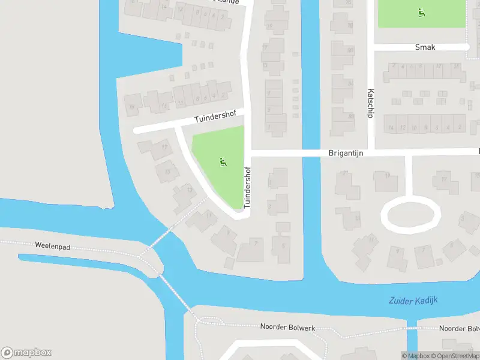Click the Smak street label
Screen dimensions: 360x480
tap(425, 47)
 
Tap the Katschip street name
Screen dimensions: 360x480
tap(371, 103)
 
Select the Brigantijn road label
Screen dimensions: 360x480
tap(346, 153)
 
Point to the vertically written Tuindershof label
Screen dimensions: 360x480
tap(247, 188)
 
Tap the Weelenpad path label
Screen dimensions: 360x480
tap(53, 246)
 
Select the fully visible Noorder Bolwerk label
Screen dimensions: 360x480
tap(287, 327)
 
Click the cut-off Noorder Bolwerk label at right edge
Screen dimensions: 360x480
tap(459, 328)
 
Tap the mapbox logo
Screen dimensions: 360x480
tap(26, 353)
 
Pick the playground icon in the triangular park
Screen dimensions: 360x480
tap(223, 161)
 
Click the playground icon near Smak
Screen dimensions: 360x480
tap(421, 11)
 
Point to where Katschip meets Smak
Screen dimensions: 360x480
tap(371, 47)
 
